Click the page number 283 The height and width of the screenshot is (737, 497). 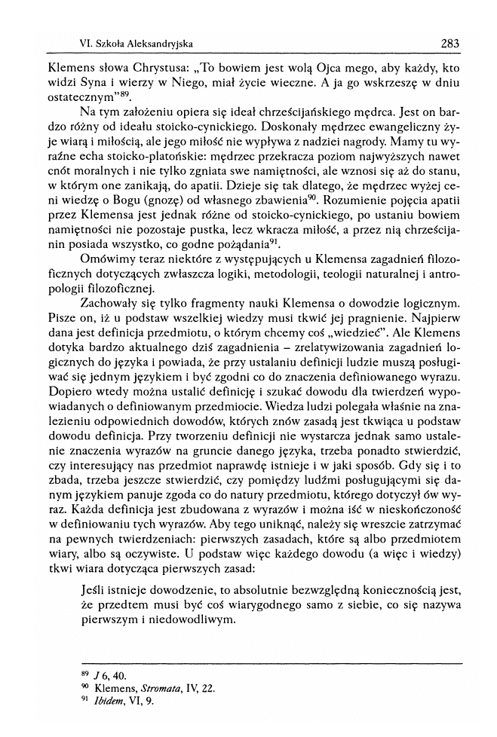coord(450,44)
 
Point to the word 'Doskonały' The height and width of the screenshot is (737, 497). coord(311,139)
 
